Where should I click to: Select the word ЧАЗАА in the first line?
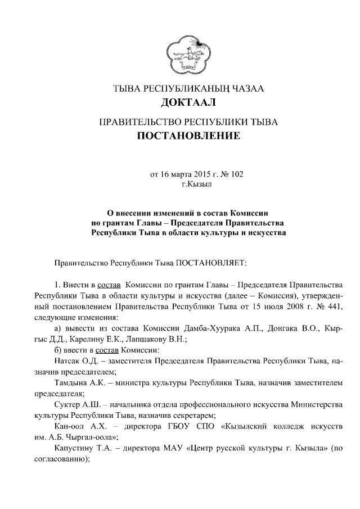point(244,88)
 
